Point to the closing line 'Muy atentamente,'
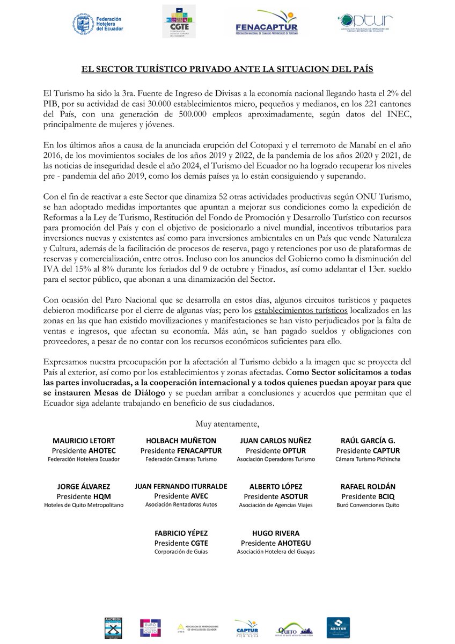click(x=227, y=425)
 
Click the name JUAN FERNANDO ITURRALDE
click(x=181, y=486)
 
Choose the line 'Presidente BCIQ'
click(x=368, y=496)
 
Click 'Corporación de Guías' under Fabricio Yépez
click(x=181, y=551)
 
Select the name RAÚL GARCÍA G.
click(x=368, y=441)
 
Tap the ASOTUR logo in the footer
click(x=338, y=627)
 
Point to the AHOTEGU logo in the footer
click(x=113, y=627)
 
